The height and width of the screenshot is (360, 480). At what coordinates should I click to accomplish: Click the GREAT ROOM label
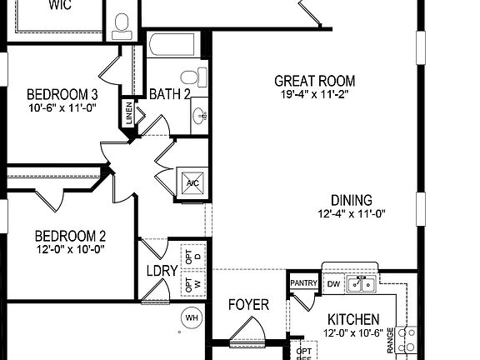pyautogui.click(x=314, y=81)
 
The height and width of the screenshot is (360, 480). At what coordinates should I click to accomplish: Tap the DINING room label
pyautogui.click(x=351, y=200)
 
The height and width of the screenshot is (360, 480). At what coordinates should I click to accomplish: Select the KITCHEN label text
pyautogui.click(x=352, y=319)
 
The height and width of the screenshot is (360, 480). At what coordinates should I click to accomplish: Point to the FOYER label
pyautogui.click(x=248, y=305)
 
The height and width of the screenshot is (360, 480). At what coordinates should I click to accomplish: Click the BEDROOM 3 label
pyautogui.click(x=62, y=93)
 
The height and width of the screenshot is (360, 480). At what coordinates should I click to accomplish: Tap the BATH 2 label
pyautogui.click(x=170, y=92)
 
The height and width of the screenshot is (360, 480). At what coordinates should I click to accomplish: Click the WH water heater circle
pyautogui.click(x=192, y=317)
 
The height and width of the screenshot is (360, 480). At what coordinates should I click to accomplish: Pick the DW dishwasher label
pyautogui.click(x=332, y=284)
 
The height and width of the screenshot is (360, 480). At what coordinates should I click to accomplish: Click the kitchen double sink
pyautogui.click(x=360, y=285)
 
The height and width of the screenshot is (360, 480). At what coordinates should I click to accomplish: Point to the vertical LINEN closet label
pyautogui.click(x=128, y=112)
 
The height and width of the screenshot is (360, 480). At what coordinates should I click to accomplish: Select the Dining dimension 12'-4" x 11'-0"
pyautogui.click(x=351, y=213)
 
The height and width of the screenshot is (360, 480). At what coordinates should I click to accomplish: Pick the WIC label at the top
pyautogui.click(x=59, y=5)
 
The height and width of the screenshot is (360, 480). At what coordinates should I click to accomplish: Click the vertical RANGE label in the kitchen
pyautogui.click(x=391, y=342)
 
